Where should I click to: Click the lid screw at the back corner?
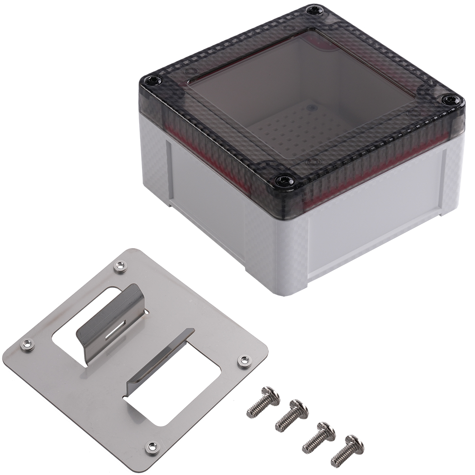pyautogui.click(x=313, y=10)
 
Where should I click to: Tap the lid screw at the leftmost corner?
pyautogui.click(x=152, y=81)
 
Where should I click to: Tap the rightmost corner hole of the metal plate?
pyautogui.click(x=244, y=361)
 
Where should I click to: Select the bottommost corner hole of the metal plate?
pyautogui.click(x=152, y=446)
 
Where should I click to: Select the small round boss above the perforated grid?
pyautogui.click(x=311, y=108)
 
